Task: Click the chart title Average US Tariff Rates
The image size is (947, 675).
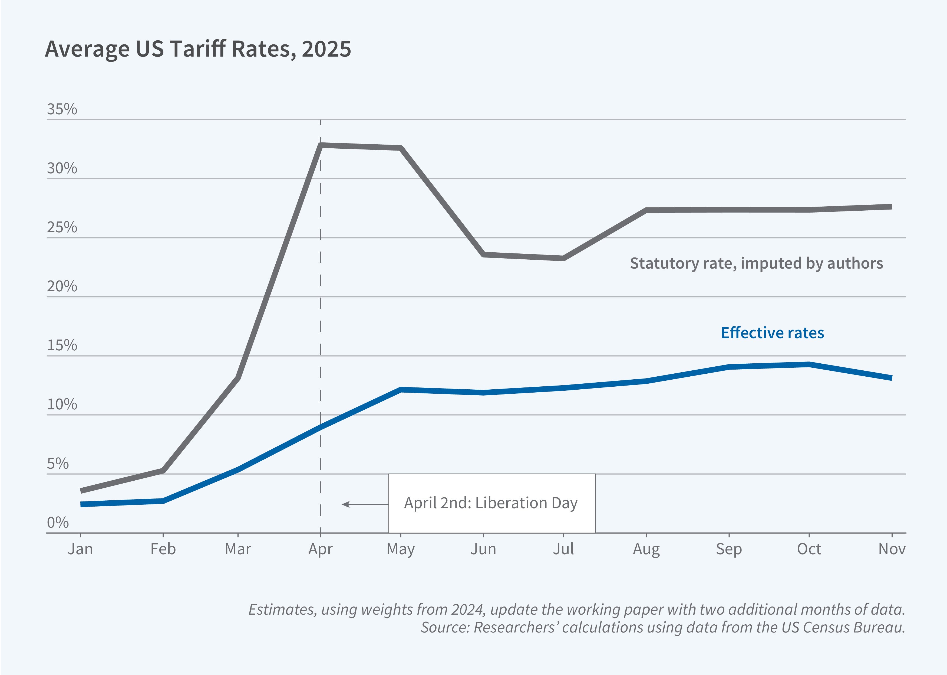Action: pyautogui.click(x=198, y=49)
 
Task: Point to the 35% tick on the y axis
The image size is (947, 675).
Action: pyautogui.click(x=62, y=109)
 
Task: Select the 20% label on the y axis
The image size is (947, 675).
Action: pyautogui.click(x=62, y=286)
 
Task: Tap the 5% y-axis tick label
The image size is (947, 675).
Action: pyautogui.click(x=58, y=464)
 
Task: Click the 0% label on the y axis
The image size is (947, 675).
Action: pyautogui.click(x=58, y=523)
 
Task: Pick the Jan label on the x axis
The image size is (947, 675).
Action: pyautogui.click(x=80, y=549)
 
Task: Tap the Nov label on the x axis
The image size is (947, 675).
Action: pyautogui.click(x=891, y=549)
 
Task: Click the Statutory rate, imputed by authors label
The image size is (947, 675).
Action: pyautogui.click(x=756, y=263)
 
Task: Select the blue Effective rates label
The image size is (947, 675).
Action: pyautogui.click(x=772, y=333)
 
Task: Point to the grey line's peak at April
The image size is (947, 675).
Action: pyautogui.click(x=321, y=145)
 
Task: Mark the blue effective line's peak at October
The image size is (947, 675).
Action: pyautogui.click(x=809, y=364)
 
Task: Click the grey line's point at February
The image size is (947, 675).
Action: pyautogui.click(x=163, y=471)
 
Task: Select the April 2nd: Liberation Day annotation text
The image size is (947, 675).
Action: pyautogui.click(x=491, y=503)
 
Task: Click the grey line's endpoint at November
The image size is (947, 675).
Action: pyautogui.click(x=890, y=207)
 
